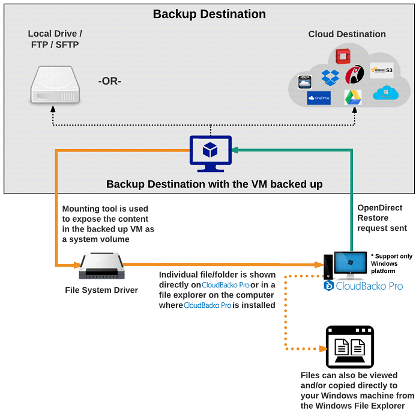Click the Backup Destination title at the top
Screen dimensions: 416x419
tap(209, 14)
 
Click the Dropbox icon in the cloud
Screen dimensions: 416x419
tap(330, 77)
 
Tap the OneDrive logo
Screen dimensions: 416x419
tap(318, 98)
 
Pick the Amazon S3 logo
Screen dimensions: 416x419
tap(382, 70)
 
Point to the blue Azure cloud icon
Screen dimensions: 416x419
tap(385, 93)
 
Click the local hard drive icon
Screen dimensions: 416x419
tap(54, 86)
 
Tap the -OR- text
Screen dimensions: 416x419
tap(109, 81)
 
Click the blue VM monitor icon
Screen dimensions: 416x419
tap(211, 153)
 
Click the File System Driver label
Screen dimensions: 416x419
tap(101, 290)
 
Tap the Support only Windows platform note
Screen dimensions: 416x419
tap(391, 264)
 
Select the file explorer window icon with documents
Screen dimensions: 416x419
tap(349, 347)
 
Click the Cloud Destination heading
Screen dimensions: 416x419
tap(346, 34)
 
